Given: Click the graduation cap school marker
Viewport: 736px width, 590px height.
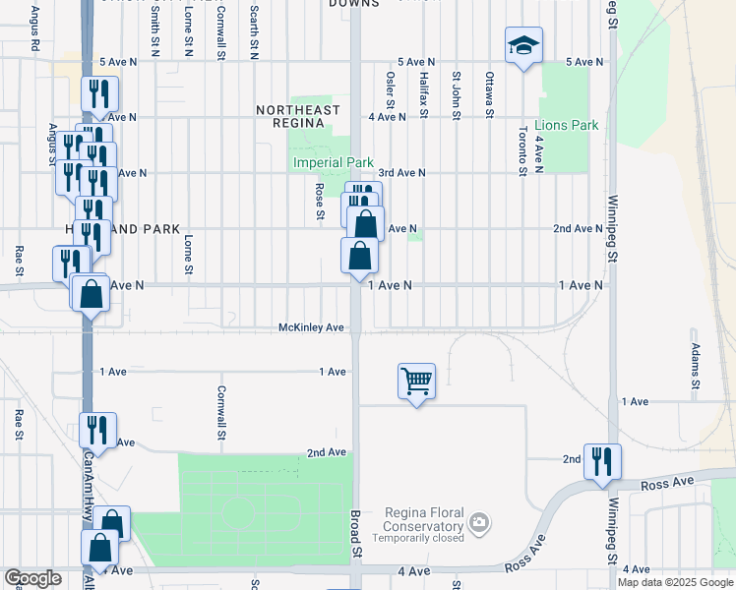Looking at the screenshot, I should click(x=523, y=45).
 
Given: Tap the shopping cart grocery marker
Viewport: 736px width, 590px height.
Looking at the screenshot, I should click(x=416, y=381).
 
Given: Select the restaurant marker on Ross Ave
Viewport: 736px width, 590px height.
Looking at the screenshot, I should click(x=601, y=460).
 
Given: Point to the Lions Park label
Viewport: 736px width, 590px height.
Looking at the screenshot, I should click(x=566, y=126).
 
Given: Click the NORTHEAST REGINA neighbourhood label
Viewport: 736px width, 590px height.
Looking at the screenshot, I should click(x=298, y=116).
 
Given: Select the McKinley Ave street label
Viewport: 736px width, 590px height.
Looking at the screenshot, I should click(x=311, y=327).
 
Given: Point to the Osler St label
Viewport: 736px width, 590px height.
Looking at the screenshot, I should click(x=391, y=90).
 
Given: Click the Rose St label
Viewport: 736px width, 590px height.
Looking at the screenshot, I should click(x=320, y=201).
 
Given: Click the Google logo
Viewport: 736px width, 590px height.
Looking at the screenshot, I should click(x=32, y=578).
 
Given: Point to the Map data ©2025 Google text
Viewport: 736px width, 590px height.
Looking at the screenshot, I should click(x=674, y=582).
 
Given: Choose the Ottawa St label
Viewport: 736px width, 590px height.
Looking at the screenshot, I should click(x=489, y=95).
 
